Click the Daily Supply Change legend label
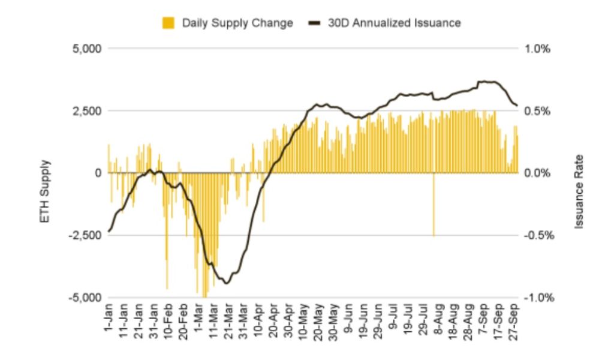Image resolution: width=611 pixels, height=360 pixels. click(x=237, y=23)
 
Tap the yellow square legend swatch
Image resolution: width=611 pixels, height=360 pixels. click(x=168, y=23)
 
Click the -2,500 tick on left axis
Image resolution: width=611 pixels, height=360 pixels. click(x=84, y=235)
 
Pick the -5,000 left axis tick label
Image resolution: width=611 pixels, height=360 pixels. click(x=84, y=298)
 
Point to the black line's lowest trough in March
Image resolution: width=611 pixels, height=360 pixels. click(x=227, y=283)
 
